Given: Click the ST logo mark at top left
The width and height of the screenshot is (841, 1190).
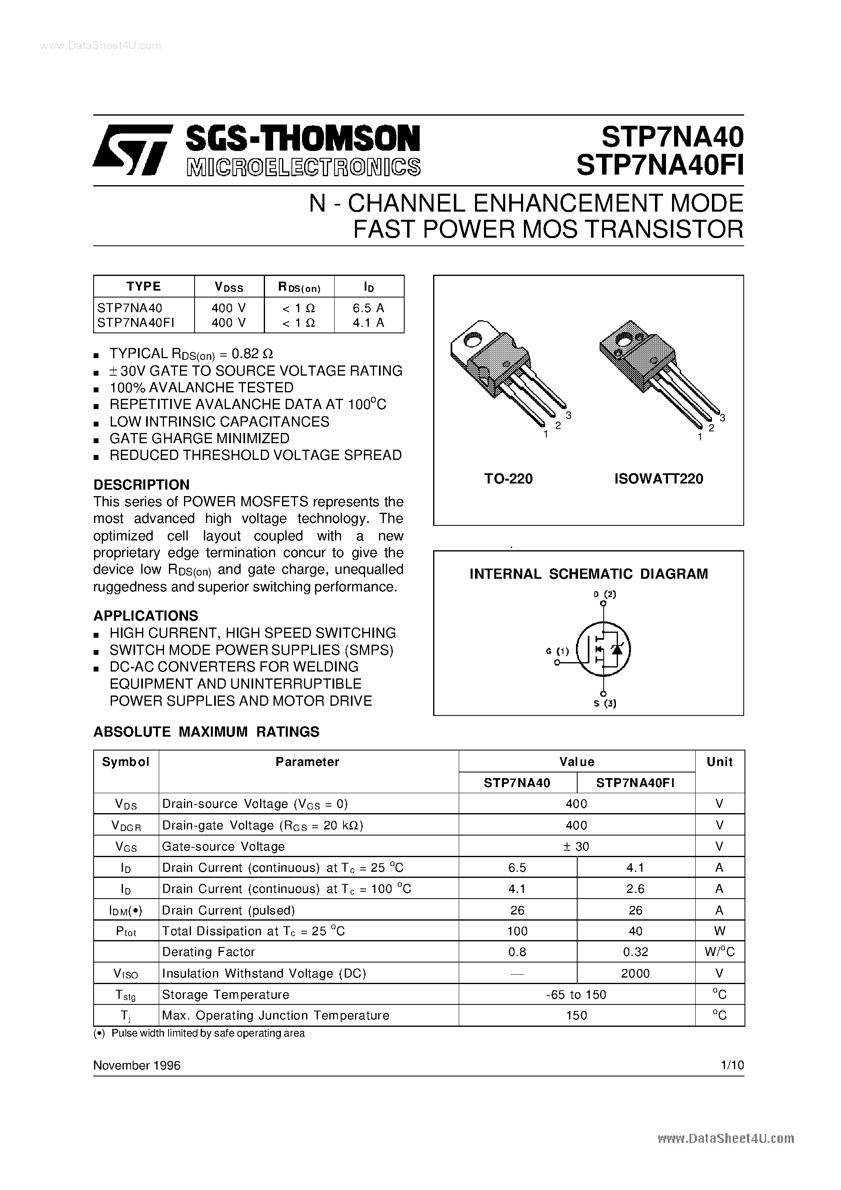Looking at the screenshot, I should pos(132,150).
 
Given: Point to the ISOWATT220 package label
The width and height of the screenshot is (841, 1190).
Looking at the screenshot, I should pos(659,478).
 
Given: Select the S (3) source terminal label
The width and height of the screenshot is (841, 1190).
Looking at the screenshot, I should pos(604,703).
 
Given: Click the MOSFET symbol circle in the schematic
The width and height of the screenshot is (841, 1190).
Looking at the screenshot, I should pos(604,649).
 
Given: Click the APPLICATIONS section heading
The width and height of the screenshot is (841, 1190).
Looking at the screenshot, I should pos(146,616).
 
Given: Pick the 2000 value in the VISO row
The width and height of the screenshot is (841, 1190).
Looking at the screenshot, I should pos(635,973).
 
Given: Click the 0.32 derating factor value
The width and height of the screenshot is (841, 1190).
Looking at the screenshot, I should pos(635,952).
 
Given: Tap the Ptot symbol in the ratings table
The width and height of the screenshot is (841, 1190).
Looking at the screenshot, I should pos(126,932).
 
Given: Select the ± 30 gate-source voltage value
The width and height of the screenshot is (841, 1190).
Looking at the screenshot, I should pos(576,847).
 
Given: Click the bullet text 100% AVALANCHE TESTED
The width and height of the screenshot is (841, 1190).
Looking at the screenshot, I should pos(201,388).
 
